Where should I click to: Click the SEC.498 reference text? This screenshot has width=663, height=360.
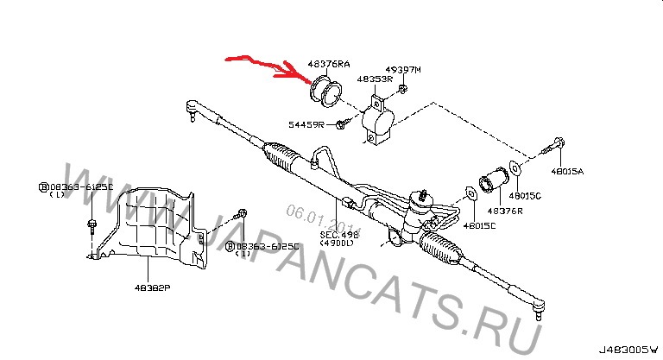pos(339,235)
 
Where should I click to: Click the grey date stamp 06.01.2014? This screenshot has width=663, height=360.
pos(310,213)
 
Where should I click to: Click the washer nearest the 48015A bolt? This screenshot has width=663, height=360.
pos(516,166)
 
